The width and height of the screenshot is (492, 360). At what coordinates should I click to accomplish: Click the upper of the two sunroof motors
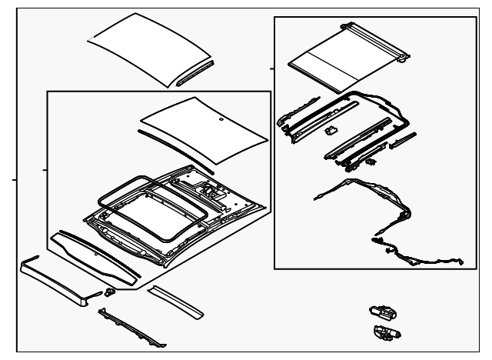[x=382, y=312]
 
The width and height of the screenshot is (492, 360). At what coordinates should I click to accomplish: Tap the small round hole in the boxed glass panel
[x=221, y=121]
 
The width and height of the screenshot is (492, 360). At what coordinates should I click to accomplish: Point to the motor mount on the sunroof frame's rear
[x=208, y=186]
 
